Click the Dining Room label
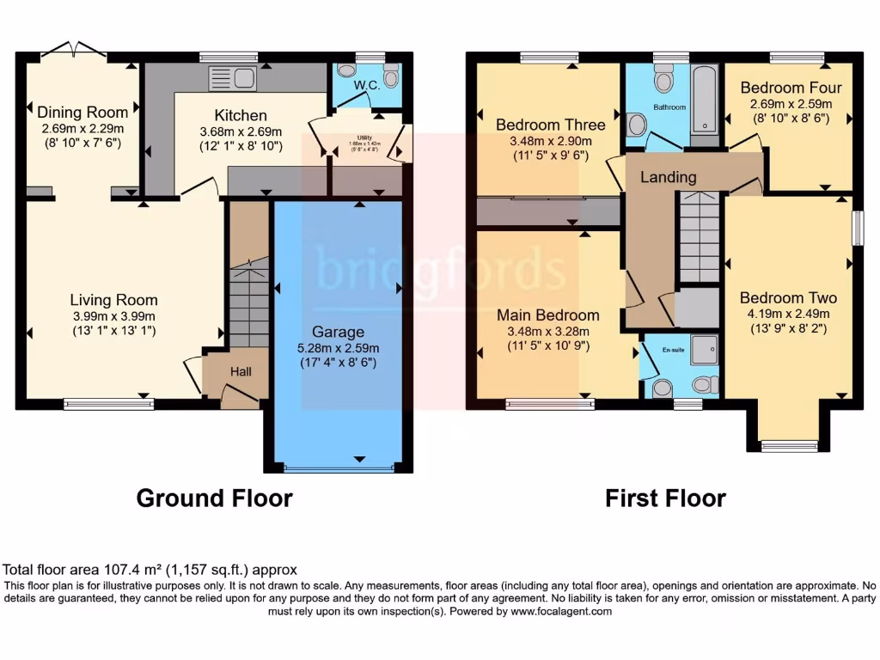coord(82,112)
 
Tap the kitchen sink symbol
coord(232,78)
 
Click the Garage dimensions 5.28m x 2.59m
coord(339,348)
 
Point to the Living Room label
coord(113,300)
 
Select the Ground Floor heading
coord(214,498)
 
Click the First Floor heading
coord(665,498)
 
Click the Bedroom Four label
coord(791,88)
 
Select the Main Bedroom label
coord(547,315)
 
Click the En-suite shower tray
coord(703,351)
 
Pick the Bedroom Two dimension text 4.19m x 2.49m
coord(788,314)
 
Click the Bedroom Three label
coord(550,125)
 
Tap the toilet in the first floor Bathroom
coord(663,81)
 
